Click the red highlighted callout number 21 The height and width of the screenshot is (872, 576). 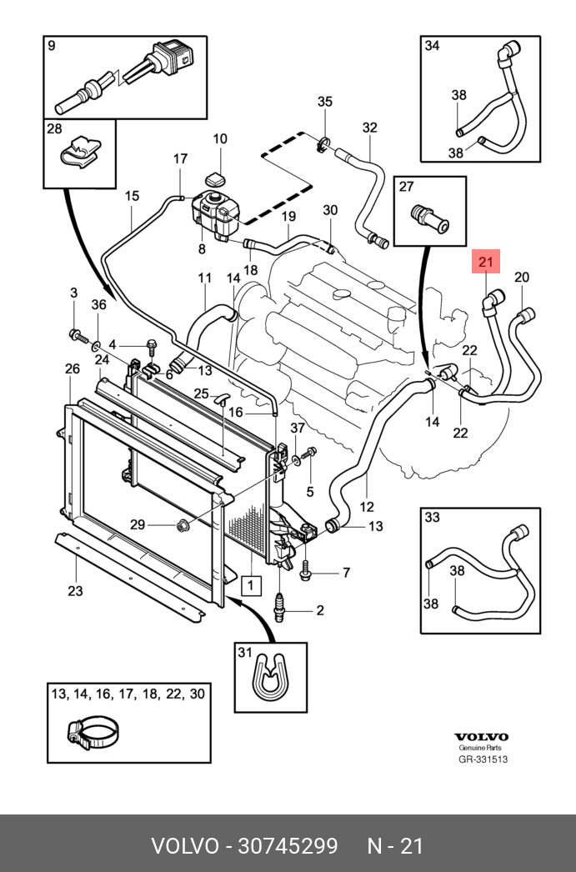coord(486,262)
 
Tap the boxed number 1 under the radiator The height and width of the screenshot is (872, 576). coord(251,585)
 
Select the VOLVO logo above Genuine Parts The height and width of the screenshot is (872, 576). coord(481,737)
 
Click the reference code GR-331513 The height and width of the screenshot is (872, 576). coord(483,759)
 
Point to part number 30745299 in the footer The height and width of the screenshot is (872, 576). coord(288,846)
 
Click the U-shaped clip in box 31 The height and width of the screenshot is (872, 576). coord(269,679)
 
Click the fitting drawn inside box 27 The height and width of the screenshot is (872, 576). coord(429,218)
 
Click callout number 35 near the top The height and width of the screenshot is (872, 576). coord(325,101)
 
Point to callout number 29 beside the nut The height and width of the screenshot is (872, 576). coord(138,524)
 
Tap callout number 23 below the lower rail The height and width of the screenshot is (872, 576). coord(75,590)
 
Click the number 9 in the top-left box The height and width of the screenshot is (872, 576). coord(52,46)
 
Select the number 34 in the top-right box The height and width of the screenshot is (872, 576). coord(432,46)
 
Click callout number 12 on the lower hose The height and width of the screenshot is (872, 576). coord(367,507)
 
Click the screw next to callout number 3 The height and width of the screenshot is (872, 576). coord(78,335)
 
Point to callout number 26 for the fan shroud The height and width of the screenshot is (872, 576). coord(73,368)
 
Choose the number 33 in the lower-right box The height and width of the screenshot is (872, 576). coord(432,517)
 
